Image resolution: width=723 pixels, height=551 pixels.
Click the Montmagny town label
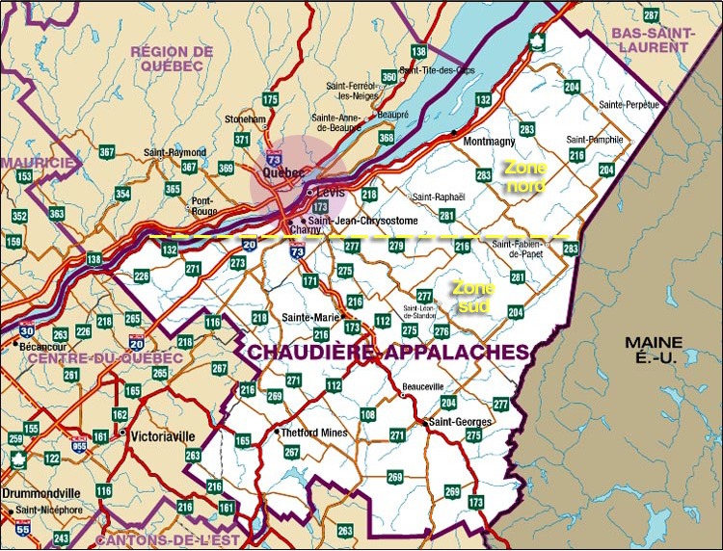click(x=490, y=142)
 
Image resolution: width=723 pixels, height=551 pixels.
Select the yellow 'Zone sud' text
click(x=473, y=297)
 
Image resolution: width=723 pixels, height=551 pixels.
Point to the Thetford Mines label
click(x=313, y=432)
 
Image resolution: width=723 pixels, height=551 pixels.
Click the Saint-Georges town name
click(x=461, y=422)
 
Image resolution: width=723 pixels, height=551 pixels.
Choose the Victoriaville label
click(x=163, y=433)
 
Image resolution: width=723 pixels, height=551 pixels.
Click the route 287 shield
click(x=652, y=15)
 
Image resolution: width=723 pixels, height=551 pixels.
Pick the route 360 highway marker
click(x=388, y=76)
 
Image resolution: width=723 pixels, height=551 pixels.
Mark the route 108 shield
click(x=367, y=415)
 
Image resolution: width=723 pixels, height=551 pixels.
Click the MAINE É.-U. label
click(x=654, y=350)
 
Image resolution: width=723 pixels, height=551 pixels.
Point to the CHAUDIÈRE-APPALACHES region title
click(x=388, y=353)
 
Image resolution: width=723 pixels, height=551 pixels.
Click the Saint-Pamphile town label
click(x=595, y=139)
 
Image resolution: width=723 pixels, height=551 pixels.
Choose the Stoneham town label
click(x=245, y=119)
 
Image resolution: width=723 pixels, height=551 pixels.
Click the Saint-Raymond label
click(x=174, y=152)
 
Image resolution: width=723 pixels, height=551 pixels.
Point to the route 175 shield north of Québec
click(x=270, y=99)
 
